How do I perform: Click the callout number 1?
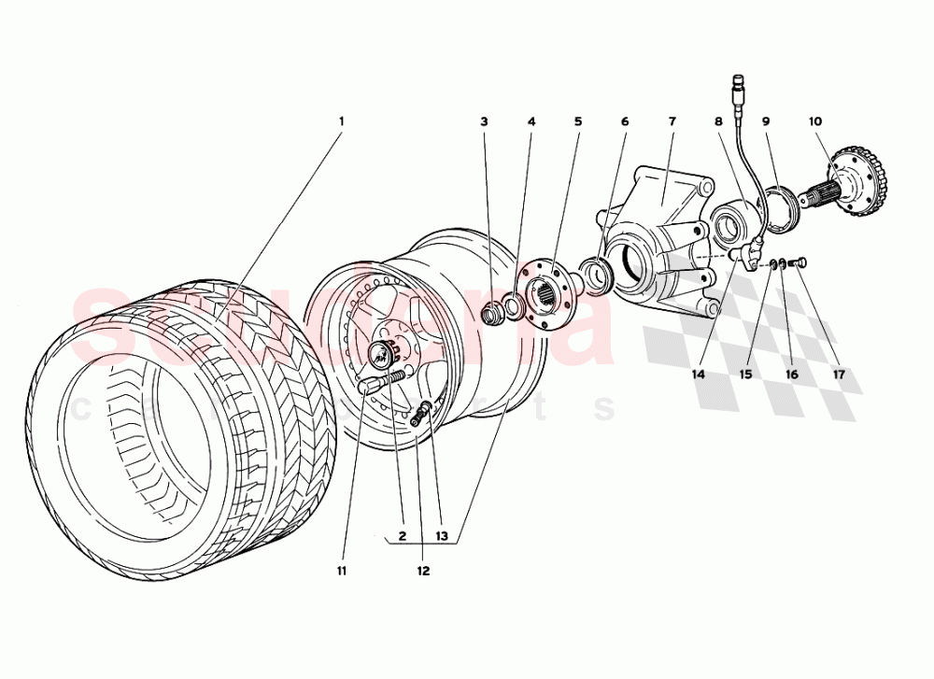[341, 121]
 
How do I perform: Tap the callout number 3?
[484, 121]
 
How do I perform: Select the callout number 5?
[577, 121]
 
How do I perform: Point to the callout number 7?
[671, 121]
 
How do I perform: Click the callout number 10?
[814, 121]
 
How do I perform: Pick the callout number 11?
[342, 570]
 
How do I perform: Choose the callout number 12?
[422, 570]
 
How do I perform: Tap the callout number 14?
[698, 375]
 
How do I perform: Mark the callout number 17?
[838, 375]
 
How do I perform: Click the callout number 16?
[791, 375]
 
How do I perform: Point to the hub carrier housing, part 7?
[658, 238]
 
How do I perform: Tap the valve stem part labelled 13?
[425, 411]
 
